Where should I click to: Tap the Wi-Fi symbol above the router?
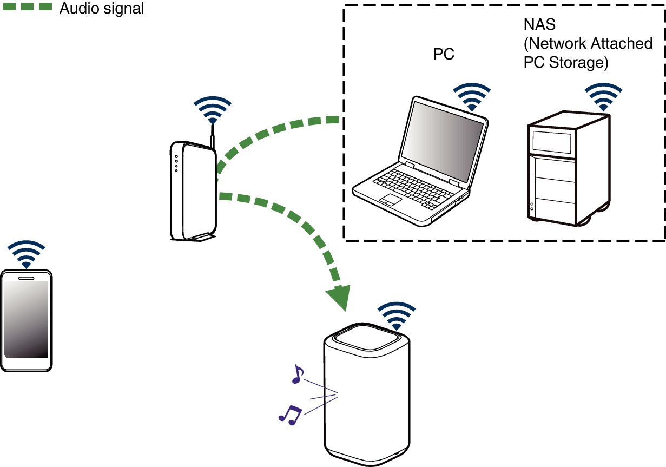coord(213,110)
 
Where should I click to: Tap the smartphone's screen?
coord(26,319)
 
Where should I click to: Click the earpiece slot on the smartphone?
coord(26,278)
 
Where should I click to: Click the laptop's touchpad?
coord(390,199)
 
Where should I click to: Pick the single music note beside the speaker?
coord(297,374)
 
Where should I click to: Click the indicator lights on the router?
coord(176,164)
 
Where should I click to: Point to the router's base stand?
coord(199,236)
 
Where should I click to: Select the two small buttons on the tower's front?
coord(532,206)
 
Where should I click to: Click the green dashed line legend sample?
coord(27,6)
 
